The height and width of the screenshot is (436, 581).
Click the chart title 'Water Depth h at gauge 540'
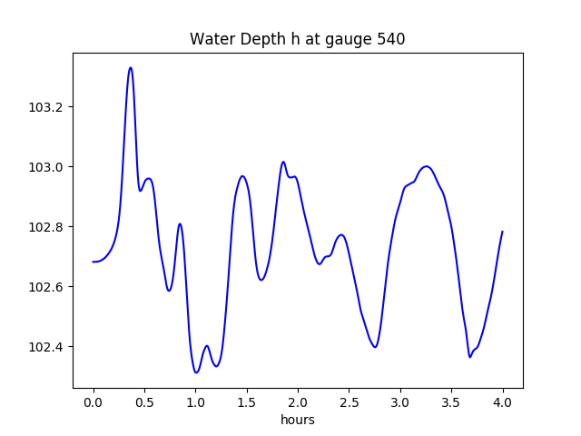(297, 39)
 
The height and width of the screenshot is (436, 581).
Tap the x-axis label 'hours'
(297, 421)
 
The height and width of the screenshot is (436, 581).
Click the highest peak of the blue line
(131, 67)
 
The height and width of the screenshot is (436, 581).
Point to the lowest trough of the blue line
(196, 372)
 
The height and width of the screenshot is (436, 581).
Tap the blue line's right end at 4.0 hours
(502, 232)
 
